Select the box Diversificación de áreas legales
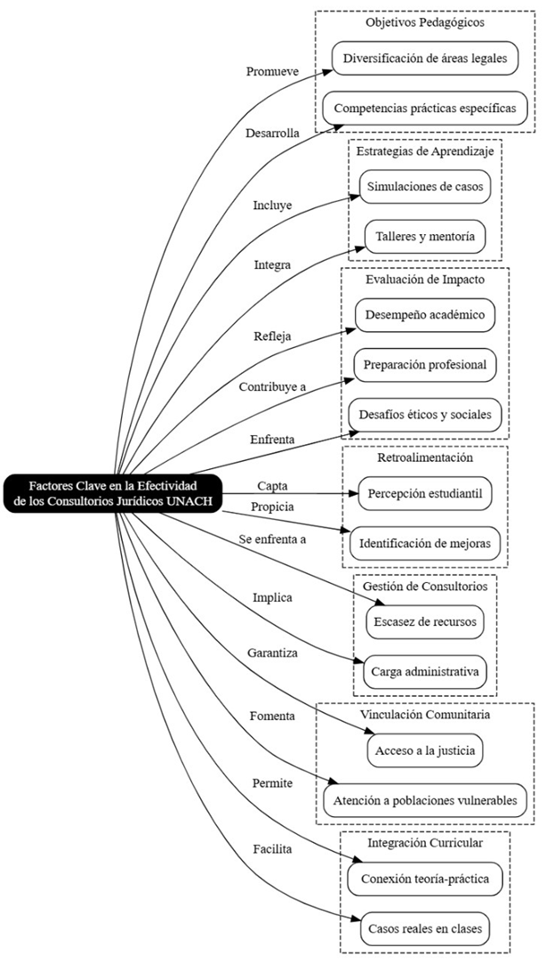(425, 59)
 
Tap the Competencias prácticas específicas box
(425, 109)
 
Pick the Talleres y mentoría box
(425, 238)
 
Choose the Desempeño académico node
(425, 315)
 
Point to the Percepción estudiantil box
(425, 492)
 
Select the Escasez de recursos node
(425, 621)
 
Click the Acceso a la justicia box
(425, 750)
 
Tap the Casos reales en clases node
(425, 929)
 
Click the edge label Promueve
(271, 70)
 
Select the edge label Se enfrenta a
(271, 539)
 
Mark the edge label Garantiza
(271, 653)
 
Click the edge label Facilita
(271, 849)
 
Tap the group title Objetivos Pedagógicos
(425, 21)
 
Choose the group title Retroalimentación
(425, 458)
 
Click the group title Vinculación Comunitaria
(425, 714)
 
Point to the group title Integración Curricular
(425, 842)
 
